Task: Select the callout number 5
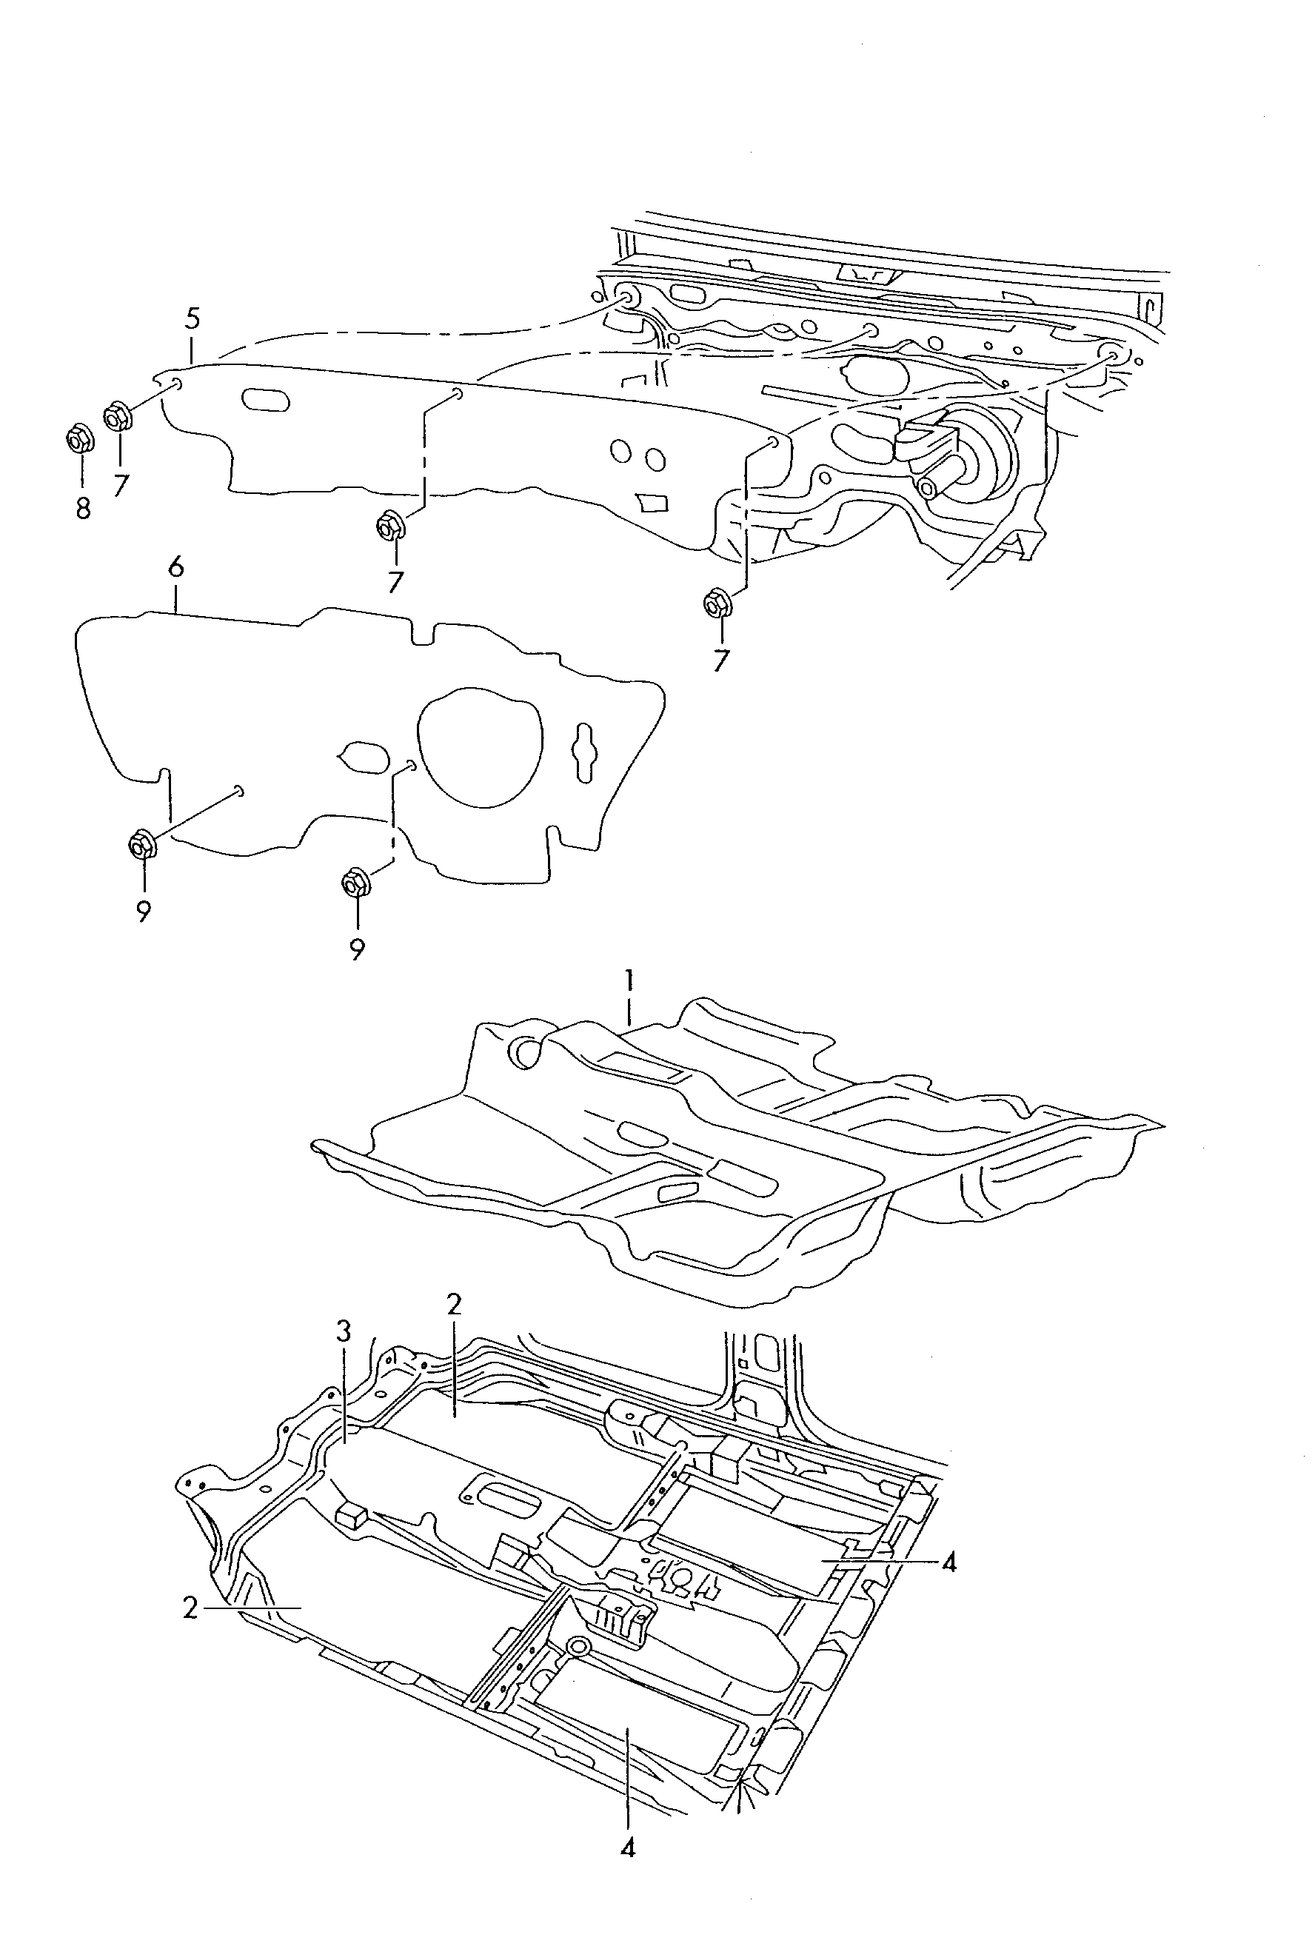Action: (x=193, y=319)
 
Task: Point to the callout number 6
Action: (x=175, y=569)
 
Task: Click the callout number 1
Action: (x=629, y=980)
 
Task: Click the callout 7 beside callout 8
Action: (x=121, y=484)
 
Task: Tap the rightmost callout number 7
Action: (x=720, y=660)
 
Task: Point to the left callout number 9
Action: (x=143, y=911)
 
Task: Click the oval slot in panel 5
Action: (x=264, y=399)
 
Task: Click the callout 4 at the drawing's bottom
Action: (x=628, y=1848)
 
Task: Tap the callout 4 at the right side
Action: (x=948, y=1562)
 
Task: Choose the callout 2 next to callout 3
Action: (x=454, y=1304)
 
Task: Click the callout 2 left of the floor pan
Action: (x=191, y=1608)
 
